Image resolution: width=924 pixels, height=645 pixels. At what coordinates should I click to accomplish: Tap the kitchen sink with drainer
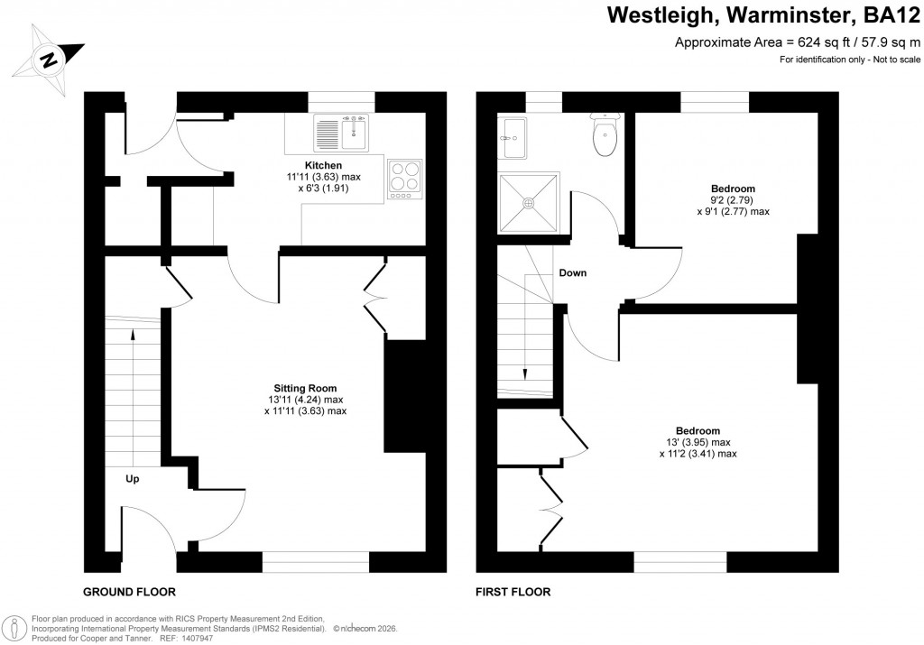[341, 134]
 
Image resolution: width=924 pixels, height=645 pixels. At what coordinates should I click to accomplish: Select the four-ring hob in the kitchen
[404, 177]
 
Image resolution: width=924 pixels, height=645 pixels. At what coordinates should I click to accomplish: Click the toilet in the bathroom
[604, 135]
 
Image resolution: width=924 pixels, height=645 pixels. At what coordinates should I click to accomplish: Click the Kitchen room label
[323, 165]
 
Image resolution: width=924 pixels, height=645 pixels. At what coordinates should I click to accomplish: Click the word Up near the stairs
[132, 479]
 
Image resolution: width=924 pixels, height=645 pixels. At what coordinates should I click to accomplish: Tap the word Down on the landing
[573, 272]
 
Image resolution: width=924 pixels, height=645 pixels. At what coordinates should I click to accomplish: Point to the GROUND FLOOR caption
[129, 593]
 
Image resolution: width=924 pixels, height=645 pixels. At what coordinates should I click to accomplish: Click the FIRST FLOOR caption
[513, 593]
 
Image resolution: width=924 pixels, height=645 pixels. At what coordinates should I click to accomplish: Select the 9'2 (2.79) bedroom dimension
[733, 200]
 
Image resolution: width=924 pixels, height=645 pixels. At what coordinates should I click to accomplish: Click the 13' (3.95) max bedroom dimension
[698, 443]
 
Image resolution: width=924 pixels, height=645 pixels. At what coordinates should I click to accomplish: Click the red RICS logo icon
[14, 628]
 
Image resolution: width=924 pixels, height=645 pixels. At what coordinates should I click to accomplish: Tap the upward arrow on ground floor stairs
[134, 336]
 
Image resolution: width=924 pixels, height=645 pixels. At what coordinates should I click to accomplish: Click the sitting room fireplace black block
[405, 395]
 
